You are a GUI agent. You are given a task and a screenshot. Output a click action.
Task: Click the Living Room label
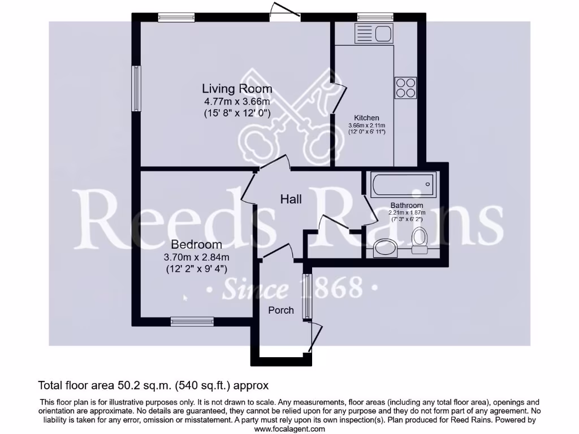[x=237, y=89]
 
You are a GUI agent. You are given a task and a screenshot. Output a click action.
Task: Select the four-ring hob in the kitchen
[x=405, y=88]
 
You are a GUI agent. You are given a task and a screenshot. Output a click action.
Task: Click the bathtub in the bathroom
[x=403, y=183]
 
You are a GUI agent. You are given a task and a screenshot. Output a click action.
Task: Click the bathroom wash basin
[x=386, y=246]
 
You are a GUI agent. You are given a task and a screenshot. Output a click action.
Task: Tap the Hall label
[x=291, y=199]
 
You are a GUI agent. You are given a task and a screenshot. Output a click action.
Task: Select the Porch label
[x=281, y=310]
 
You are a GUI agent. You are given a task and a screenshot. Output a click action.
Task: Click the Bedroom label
[x=196, y=245]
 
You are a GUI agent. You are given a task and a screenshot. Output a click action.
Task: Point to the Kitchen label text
[x=366, y=118]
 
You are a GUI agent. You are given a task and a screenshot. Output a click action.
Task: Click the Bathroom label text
[x=406, y=205]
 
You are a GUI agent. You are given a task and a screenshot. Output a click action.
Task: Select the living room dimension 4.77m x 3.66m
[x=237, y=102]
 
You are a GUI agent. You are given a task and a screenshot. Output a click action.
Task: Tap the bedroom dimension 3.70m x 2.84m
[x=196, y=257]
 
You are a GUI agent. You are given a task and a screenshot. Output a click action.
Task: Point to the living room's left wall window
[x=136, y=89]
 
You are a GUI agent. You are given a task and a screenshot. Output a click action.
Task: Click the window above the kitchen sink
[x=370, y=18]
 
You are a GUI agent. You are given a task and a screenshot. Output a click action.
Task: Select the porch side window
[x=307, y=296]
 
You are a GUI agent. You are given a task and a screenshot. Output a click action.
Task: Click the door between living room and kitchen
[x=337, y=96]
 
